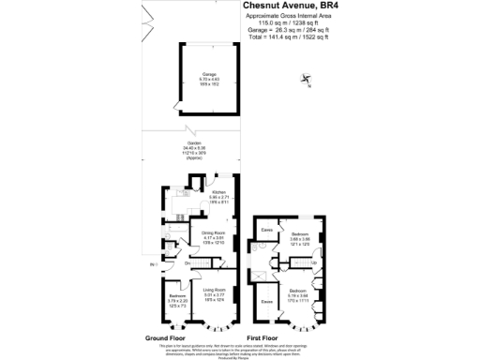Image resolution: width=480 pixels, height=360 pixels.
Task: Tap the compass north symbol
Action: tap(307, 81)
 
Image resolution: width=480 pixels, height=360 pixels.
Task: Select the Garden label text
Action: tap(194, 143)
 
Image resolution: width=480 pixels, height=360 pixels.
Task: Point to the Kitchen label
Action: tap(218, 193)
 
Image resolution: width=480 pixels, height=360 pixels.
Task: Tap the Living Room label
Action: tap(214, 291)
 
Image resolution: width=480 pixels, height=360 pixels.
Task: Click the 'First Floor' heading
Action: tap(263, 337)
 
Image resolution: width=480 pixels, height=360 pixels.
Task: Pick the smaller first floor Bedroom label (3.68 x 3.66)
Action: tap(300, 234)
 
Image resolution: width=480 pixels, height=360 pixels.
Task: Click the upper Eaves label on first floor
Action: tap(267, 230)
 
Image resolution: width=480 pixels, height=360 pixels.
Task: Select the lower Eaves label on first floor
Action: tap(267, 301)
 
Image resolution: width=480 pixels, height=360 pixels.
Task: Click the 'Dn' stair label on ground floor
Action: tap(187, 263)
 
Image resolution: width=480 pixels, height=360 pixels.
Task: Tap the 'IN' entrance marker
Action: tap(152, 265)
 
